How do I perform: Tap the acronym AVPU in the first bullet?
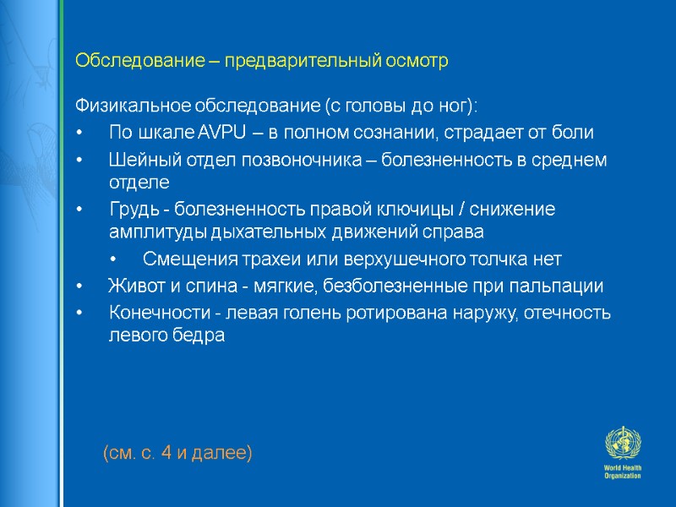click(x=221, y=133)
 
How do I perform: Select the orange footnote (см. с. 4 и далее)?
click(x=177, y=454)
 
